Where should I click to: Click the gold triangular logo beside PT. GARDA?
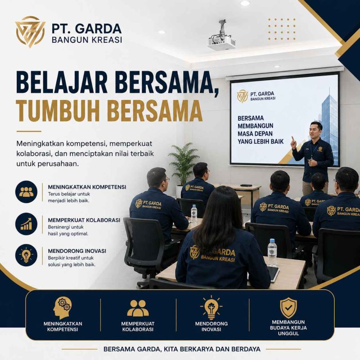[30, 31]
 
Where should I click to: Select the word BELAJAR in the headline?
[62, 82]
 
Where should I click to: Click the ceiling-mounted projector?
[221, 39]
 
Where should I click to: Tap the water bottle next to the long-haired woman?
[272, 252]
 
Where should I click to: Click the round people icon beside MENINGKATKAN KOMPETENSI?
[27, 192]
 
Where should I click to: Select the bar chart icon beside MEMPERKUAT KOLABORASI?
[27, 224]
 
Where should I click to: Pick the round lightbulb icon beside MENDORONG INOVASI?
[27, 255]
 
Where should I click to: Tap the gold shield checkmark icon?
[288, 308]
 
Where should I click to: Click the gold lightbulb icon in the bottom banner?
[211, 308]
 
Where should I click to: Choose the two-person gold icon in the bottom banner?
[138, 308]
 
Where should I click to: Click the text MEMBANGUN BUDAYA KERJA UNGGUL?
[288, 328]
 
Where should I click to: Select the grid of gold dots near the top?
[282, 29]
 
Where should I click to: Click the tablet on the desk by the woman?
[273, 274]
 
